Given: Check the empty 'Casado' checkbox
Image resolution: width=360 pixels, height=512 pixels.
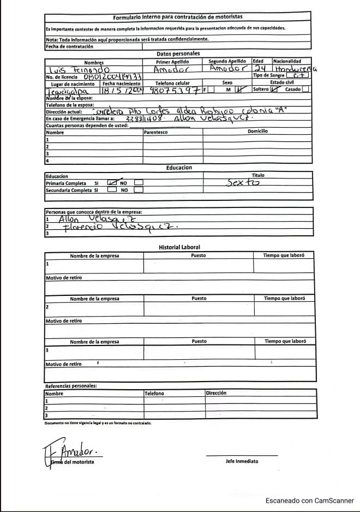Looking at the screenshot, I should point(305,90).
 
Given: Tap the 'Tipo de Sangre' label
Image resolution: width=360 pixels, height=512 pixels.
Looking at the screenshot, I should point(269,75).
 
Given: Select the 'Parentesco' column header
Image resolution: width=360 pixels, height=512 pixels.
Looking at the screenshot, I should point(156,132).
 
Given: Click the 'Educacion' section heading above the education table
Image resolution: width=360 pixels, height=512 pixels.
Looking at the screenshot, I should point(179,168).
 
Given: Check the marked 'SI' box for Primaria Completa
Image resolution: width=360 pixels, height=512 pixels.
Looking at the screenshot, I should point(112,183).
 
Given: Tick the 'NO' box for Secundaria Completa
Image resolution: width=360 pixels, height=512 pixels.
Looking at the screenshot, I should point(139,190).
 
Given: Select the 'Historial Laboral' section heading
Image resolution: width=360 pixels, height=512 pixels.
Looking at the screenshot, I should point(179,247).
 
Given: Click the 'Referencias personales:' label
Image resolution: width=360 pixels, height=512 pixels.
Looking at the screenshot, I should point(71,386).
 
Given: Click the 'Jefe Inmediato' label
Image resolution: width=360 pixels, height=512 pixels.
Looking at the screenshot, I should point(242,462).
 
